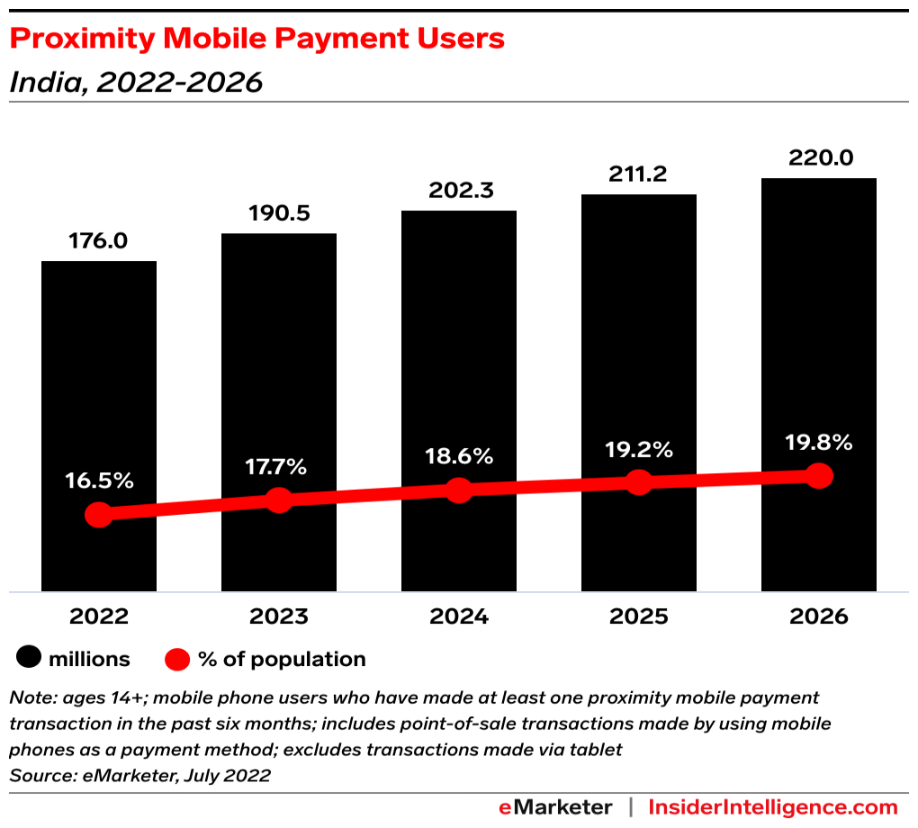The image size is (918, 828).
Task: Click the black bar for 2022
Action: (99, 378)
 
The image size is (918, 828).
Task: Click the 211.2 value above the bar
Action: (637, 175)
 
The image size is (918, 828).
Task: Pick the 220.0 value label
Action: (819, 158)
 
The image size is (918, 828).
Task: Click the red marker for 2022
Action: (99, 515)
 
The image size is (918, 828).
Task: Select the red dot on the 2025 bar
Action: (639, 481)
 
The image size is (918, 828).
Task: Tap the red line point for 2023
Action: (279, 499)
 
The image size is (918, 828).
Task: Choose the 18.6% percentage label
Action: (459, 456)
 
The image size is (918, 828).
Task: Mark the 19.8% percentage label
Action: (818, 442)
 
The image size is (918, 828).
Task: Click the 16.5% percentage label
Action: (99, 481)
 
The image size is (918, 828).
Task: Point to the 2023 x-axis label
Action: (279, 617)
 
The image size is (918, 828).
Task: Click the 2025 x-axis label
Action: (639, 617)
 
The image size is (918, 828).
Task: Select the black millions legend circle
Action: (30, 659)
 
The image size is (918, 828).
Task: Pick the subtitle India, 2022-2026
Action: (136, 83)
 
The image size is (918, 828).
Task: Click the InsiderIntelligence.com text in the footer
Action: (773, 806)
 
